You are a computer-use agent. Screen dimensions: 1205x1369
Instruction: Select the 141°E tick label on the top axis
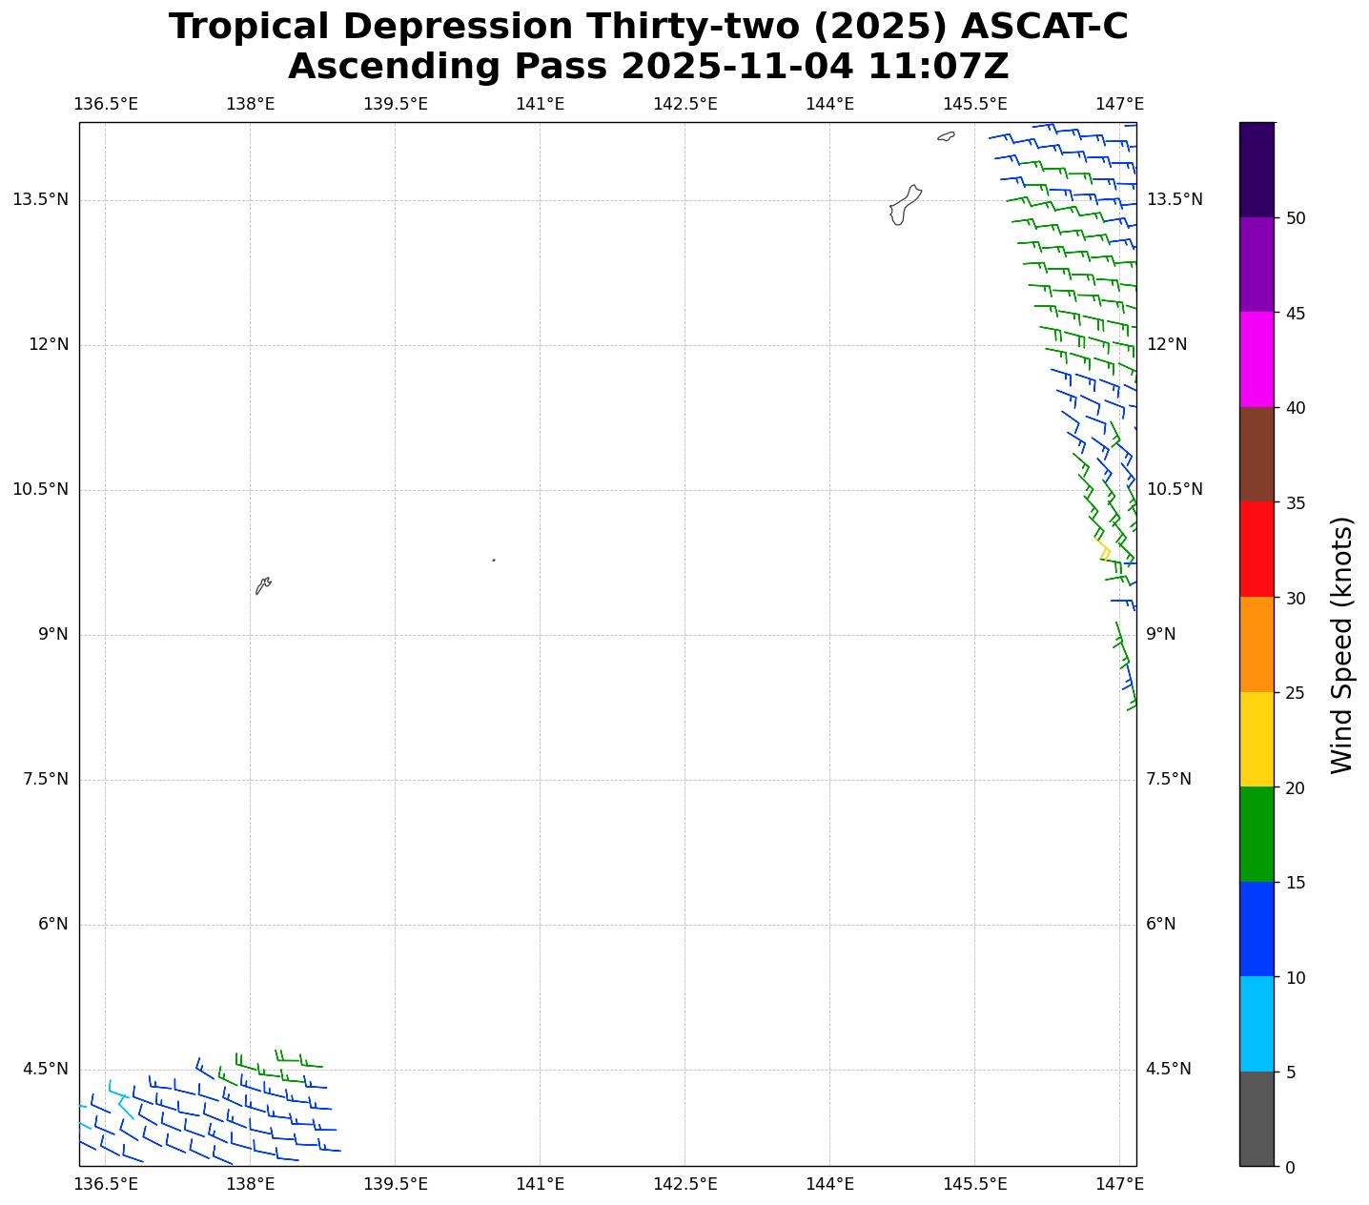(x=540, y=104)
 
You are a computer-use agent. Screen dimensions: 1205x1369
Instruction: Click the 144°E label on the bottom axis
(x=829, y=1184)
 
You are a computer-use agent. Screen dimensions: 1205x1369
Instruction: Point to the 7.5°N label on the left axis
(x=46, y=780)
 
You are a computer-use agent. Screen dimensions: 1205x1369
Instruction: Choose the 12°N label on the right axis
(x=1167, y=344)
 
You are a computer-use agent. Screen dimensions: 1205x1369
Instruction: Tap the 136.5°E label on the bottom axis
(x=106, y=1184)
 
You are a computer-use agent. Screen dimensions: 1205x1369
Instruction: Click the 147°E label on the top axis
(x=1119, y=104)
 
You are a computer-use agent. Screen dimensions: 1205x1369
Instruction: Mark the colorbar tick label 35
(x=1296, y=502)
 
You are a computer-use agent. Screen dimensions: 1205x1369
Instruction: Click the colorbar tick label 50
(x=1296, y=218)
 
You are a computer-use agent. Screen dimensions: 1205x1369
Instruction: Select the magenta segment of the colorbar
(x=1257, y=359)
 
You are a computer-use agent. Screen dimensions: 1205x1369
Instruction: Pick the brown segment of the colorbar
(x=1257, y=455)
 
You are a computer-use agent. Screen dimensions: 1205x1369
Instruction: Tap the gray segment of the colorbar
(x=1257, y=1118)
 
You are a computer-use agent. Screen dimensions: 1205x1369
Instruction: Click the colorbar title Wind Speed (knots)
(x=1341, y=644)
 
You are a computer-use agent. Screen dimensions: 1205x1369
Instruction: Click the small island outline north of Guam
(x=946, y=136)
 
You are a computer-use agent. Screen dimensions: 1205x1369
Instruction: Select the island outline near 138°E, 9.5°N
(x=263, y=585)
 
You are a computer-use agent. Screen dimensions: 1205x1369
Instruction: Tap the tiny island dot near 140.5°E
(x=493, y=560)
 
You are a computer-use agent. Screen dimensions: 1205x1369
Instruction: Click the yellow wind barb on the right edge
(x=1104, y=550)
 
